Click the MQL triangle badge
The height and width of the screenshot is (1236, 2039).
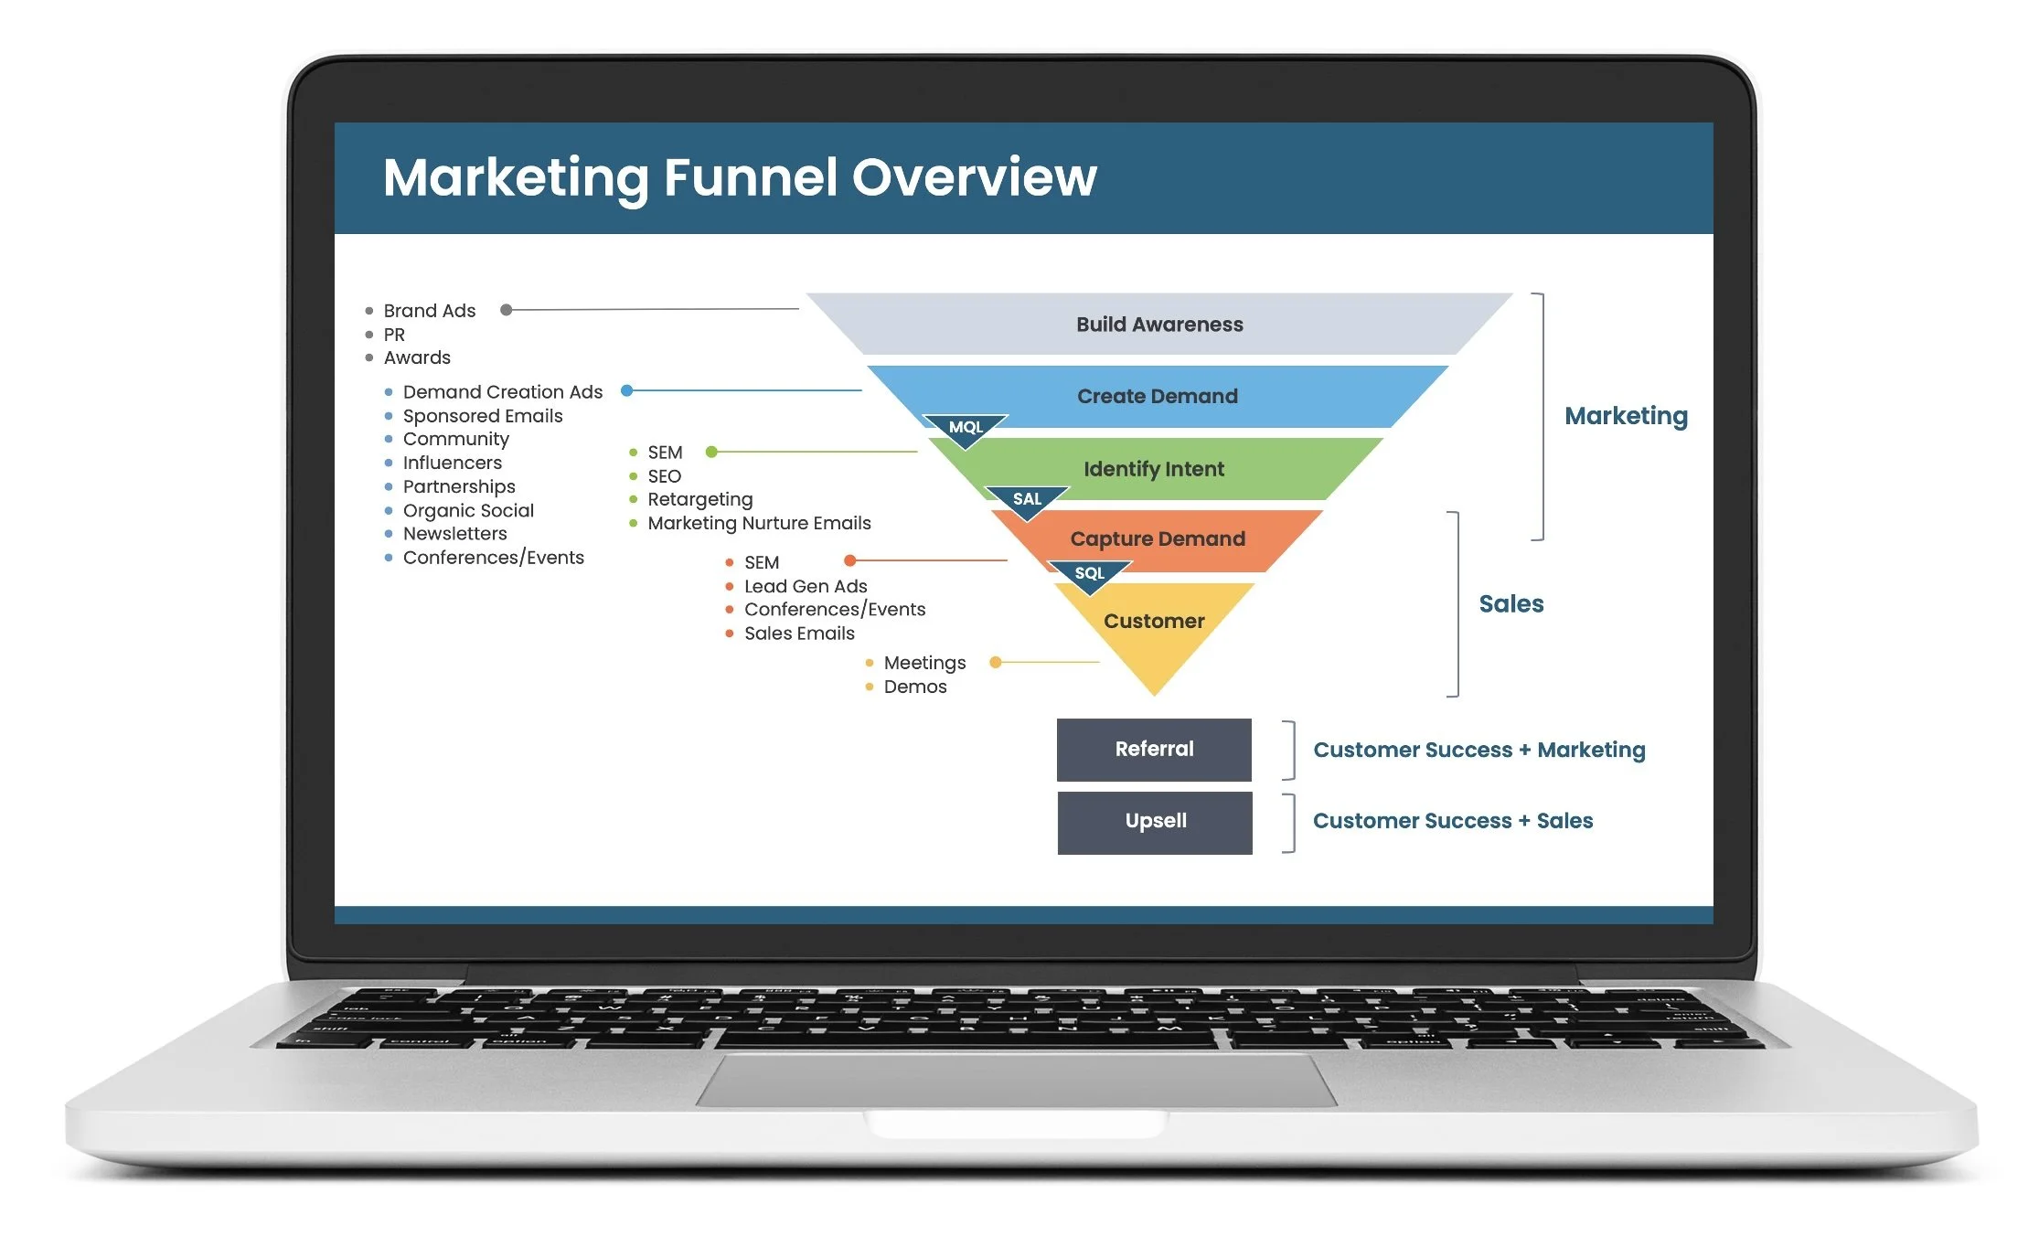coord(966,429)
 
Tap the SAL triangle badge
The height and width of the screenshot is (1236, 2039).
coord(1027,500)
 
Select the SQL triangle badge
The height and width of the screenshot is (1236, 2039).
coord(1089,574)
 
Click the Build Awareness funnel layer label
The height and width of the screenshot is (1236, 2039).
coord(1159,325)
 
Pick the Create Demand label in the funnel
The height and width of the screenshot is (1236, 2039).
coord(1158,396)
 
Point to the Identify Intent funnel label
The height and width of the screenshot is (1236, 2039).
coord(1154,469)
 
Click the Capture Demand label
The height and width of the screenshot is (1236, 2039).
coord(1158,538)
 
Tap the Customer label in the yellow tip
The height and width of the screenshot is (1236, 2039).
coord(1154,622)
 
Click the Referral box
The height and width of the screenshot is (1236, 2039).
coord(1154,750)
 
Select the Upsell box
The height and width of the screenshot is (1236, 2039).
coord(1155,822)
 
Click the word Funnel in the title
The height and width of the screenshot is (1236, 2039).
coord(750,177)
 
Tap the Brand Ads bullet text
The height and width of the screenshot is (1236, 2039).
coord(430,311)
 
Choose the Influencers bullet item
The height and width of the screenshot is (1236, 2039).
coord(453,463)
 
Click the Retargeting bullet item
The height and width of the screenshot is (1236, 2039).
coord(700,499)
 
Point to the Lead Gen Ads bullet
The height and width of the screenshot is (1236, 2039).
coord(806,586)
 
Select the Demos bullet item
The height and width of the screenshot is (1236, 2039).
coord(915,687)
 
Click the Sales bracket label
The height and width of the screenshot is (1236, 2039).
coord(1511,604)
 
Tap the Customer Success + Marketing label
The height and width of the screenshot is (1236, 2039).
coord(1479,750)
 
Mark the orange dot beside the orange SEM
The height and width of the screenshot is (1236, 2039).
coord(850,560)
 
